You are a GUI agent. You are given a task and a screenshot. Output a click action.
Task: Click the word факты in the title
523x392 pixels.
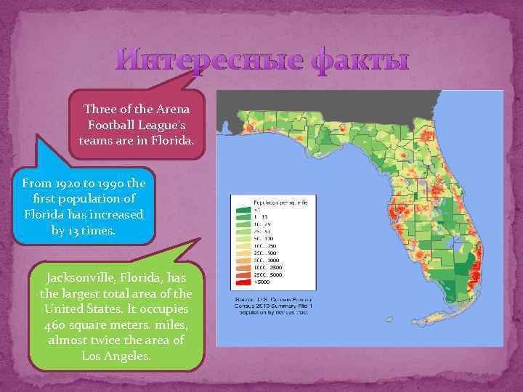click(x=360, y=61)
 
